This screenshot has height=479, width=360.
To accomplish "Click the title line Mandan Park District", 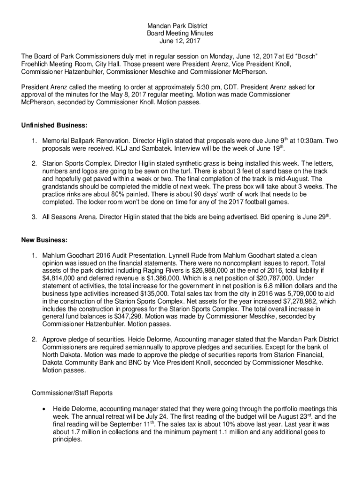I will (x=180, y=26).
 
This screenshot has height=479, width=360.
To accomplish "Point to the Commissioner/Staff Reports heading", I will (x=72, y=392).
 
